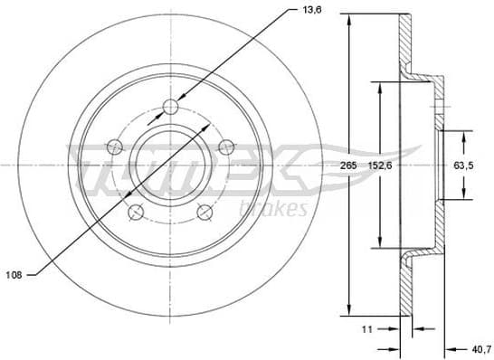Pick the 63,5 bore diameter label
pyautogui.click(x=464, y=166)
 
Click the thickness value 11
pyautogui.click(x=367, y=328)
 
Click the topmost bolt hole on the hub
pyautogui.click(x=170, y=109)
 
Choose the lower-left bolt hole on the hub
pyautogui.click(x=136, y=213)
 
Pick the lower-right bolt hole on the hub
pyautogui.click(x=205, y=213)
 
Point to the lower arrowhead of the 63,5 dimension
pyautogui.click(x=465, y=195)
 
